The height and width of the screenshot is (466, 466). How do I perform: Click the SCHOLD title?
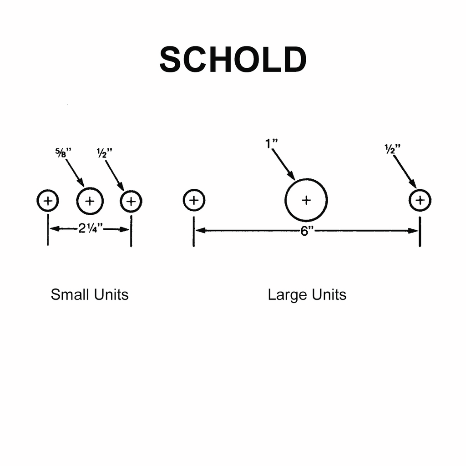pos(233,60)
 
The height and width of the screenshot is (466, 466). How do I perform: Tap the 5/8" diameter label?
pos(63,152)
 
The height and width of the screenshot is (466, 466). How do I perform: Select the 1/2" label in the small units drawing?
pos(104,153)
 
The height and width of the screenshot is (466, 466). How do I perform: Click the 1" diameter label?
pos(271,143)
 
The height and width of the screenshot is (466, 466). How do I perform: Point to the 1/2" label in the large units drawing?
pos(392,149)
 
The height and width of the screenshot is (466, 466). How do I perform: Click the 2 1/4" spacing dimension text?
pos(91,228)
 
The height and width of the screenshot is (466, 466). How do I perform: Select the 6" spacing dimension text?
pos(307,231)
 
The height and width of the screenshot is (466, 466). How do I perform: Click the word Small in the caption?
pos(70,295)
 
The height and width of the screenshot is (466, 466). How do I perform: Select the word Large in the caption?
pos(288,295)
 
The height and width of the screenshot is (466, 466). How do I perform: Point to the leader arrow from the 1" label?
pos(284,164)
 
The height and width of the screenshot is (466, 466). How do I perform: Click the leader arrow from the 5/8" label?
pos(75,173)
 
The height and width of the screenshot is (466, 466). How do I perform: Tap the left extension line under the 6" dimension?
pos(194,232)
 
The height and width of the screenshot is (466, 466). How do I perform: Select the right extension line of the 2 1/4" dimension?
pos(131,231)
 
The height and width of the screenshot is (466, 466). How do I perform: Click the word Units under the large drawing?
pos(329,295)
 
